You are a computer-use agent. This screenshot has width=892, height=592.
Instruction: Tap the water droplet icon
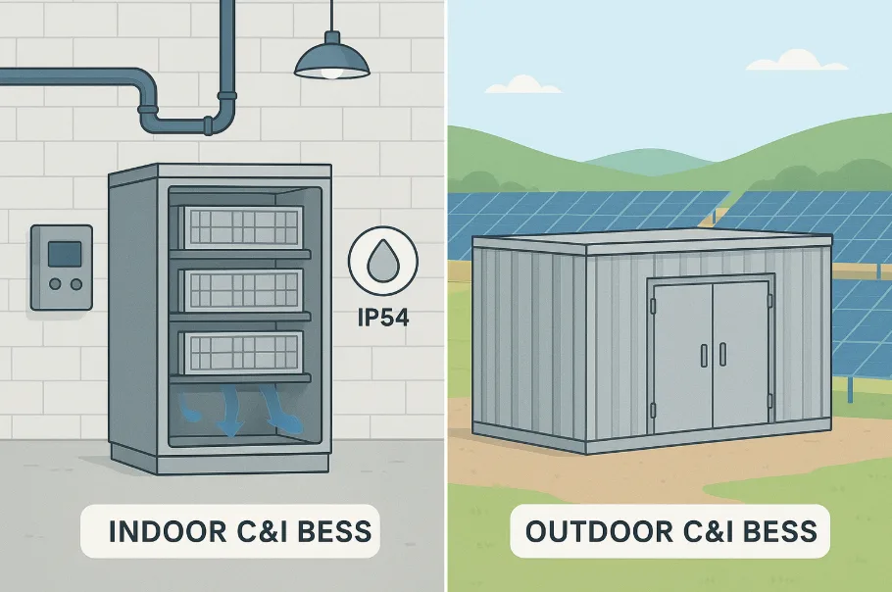coord(383,260)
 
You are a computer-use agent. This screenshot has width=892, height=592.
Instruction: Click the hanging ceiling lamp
coord(332,61)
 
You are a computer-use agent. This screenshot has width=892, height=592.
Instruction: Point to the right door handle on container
coord(722,354)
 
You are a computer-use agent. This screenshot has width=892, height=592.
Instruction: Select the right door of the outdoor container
coord(742,358)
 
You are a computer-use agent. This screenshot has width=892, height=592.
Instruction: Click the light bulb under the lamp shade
coord(332,74)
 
